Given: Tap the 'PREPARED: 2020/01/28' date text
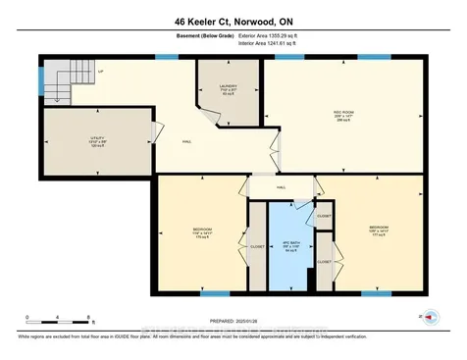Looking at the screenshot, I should [x=233, y=320].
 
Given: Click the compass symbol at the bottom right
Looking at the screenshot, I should [x=421, y=318].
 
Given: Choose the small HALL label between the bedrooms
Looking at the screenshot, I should [x=281, y=185].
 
